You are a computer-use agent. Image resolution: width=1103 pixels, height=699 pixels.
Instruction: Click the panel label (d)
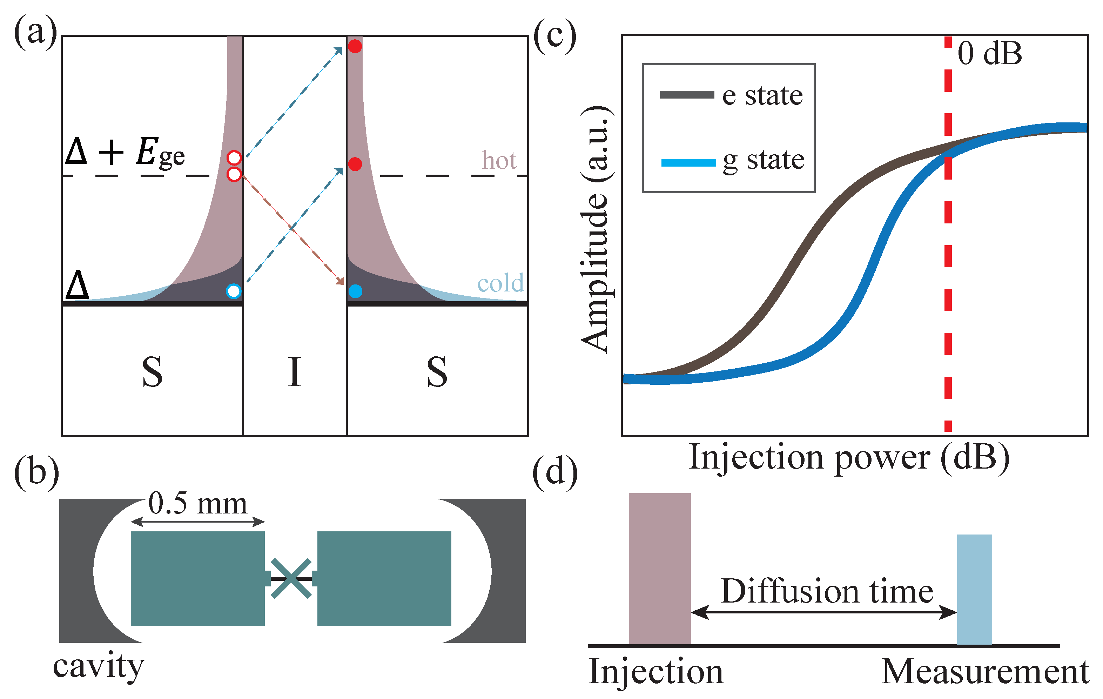(555, 472)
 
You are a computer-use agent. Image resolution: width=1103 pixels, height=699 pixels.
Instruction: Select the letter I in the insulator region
(295, 372)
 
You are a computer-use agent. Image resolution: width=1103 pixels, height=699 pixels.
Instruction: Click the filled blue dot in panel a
(355, 291)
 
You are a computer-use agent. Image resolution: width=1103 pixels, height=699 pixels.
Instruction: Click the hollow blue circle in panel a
(234, 291)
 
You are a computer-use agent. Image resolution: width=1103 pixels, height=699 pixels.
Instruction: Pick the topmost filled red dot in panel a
(355, 46)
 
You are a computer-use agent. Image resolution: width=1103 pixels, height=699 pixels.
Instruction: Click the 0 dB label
(989, 54)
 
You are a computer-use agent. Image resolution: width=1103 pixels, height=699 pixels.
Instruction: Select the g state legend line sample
(688, 162)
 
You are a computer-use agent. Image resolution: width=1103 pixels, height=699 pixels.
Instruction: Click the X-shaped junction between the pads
(291, 579)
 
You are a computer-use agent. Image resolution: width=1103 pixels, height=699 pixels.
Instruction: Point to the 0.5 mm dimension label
(197, 503)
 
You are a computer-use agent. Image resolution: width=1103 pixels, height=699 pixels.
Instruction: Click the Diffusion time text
(827, 591)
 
